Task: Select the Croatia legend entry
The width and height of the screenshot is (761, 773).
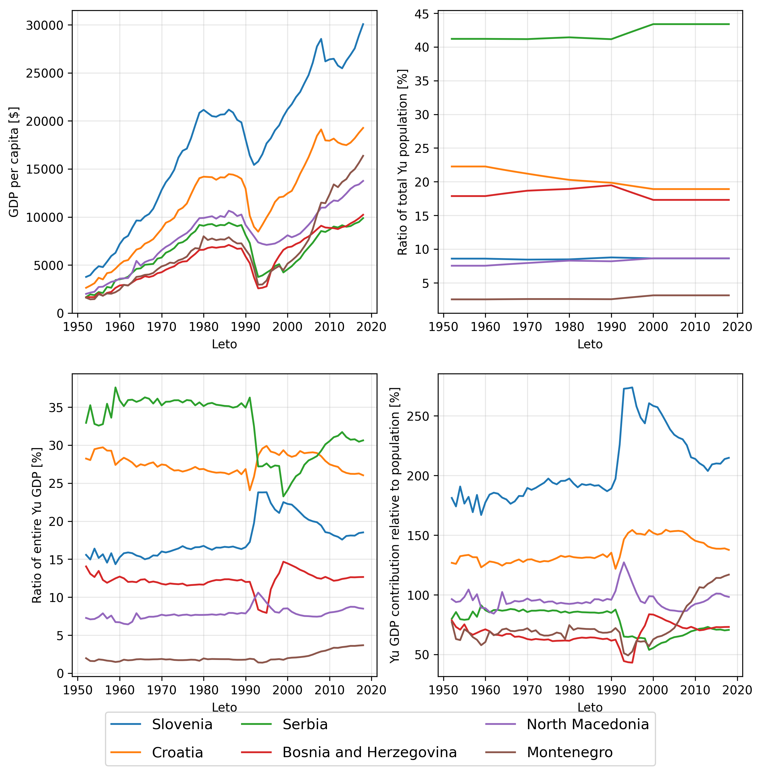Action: (177, 753)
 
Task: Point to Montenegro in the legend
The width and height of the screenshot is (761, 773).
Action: (570, 752)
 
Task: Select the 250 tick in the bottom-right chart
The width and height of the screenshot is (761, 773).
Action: (417, 416)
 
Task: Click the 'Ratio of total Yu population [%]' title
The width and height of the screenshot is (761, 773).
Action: (403, 162)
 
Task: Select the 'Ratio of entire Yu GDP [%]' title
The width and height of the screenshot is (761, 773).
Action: (37, 525)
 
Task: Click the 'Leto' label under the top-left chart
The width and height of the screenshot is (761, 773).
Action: (224, 344)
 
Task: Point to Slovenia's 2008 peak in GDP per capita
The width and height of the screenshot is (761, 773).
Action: (321, 39)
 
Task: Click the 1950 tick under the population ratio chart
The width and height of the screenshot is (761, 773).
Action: (443, 327)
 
